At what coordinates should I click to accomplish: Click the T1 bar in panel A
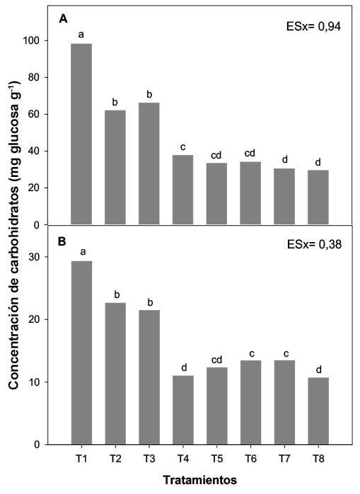[82, 134]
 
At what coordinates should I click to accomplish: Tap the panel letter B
[63, 241]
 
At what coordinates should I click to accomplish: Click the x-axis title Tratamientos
[200, 480]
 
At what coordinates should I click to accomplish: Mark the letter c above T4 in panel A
[183, 147]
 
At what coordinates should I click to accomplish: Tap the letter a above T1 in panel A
[82, 34]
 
